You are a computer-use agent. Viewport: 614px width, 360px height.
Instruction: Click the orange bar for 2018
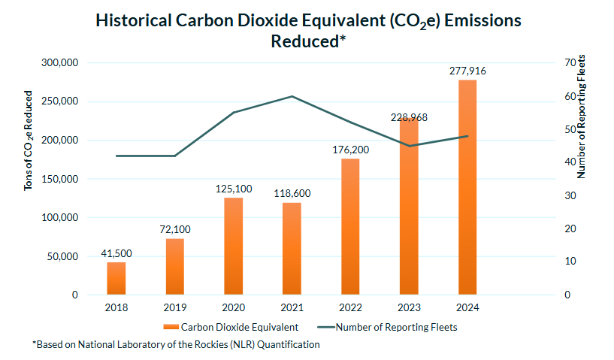(116, 278)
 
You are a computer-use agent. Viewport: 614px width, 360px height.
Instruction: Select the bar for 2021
(292, 248)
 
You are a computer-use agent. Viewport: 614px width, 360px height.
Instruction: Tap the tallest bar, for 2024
(467, 188)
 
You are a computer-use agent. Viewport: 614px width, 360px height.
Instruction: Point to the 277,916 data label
(467, 71)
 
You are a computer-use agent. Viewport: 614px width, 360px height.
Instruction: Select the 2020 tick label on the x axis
(233, 307)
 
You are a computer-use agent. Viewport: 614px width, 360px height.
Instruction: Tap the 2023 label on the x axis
(409, 307)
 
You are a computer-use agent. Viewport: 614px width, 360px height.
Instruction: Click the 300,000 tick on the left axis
(59, 63)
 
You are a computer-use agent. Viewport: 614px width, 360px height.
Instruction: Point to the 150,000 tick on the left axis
(59, 179)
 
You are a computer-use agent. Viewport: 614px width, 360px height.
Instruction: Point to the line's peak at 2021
(292, 96)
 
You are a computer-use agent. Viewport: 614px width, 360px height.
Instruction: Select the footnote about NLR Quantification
(176, 345)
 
